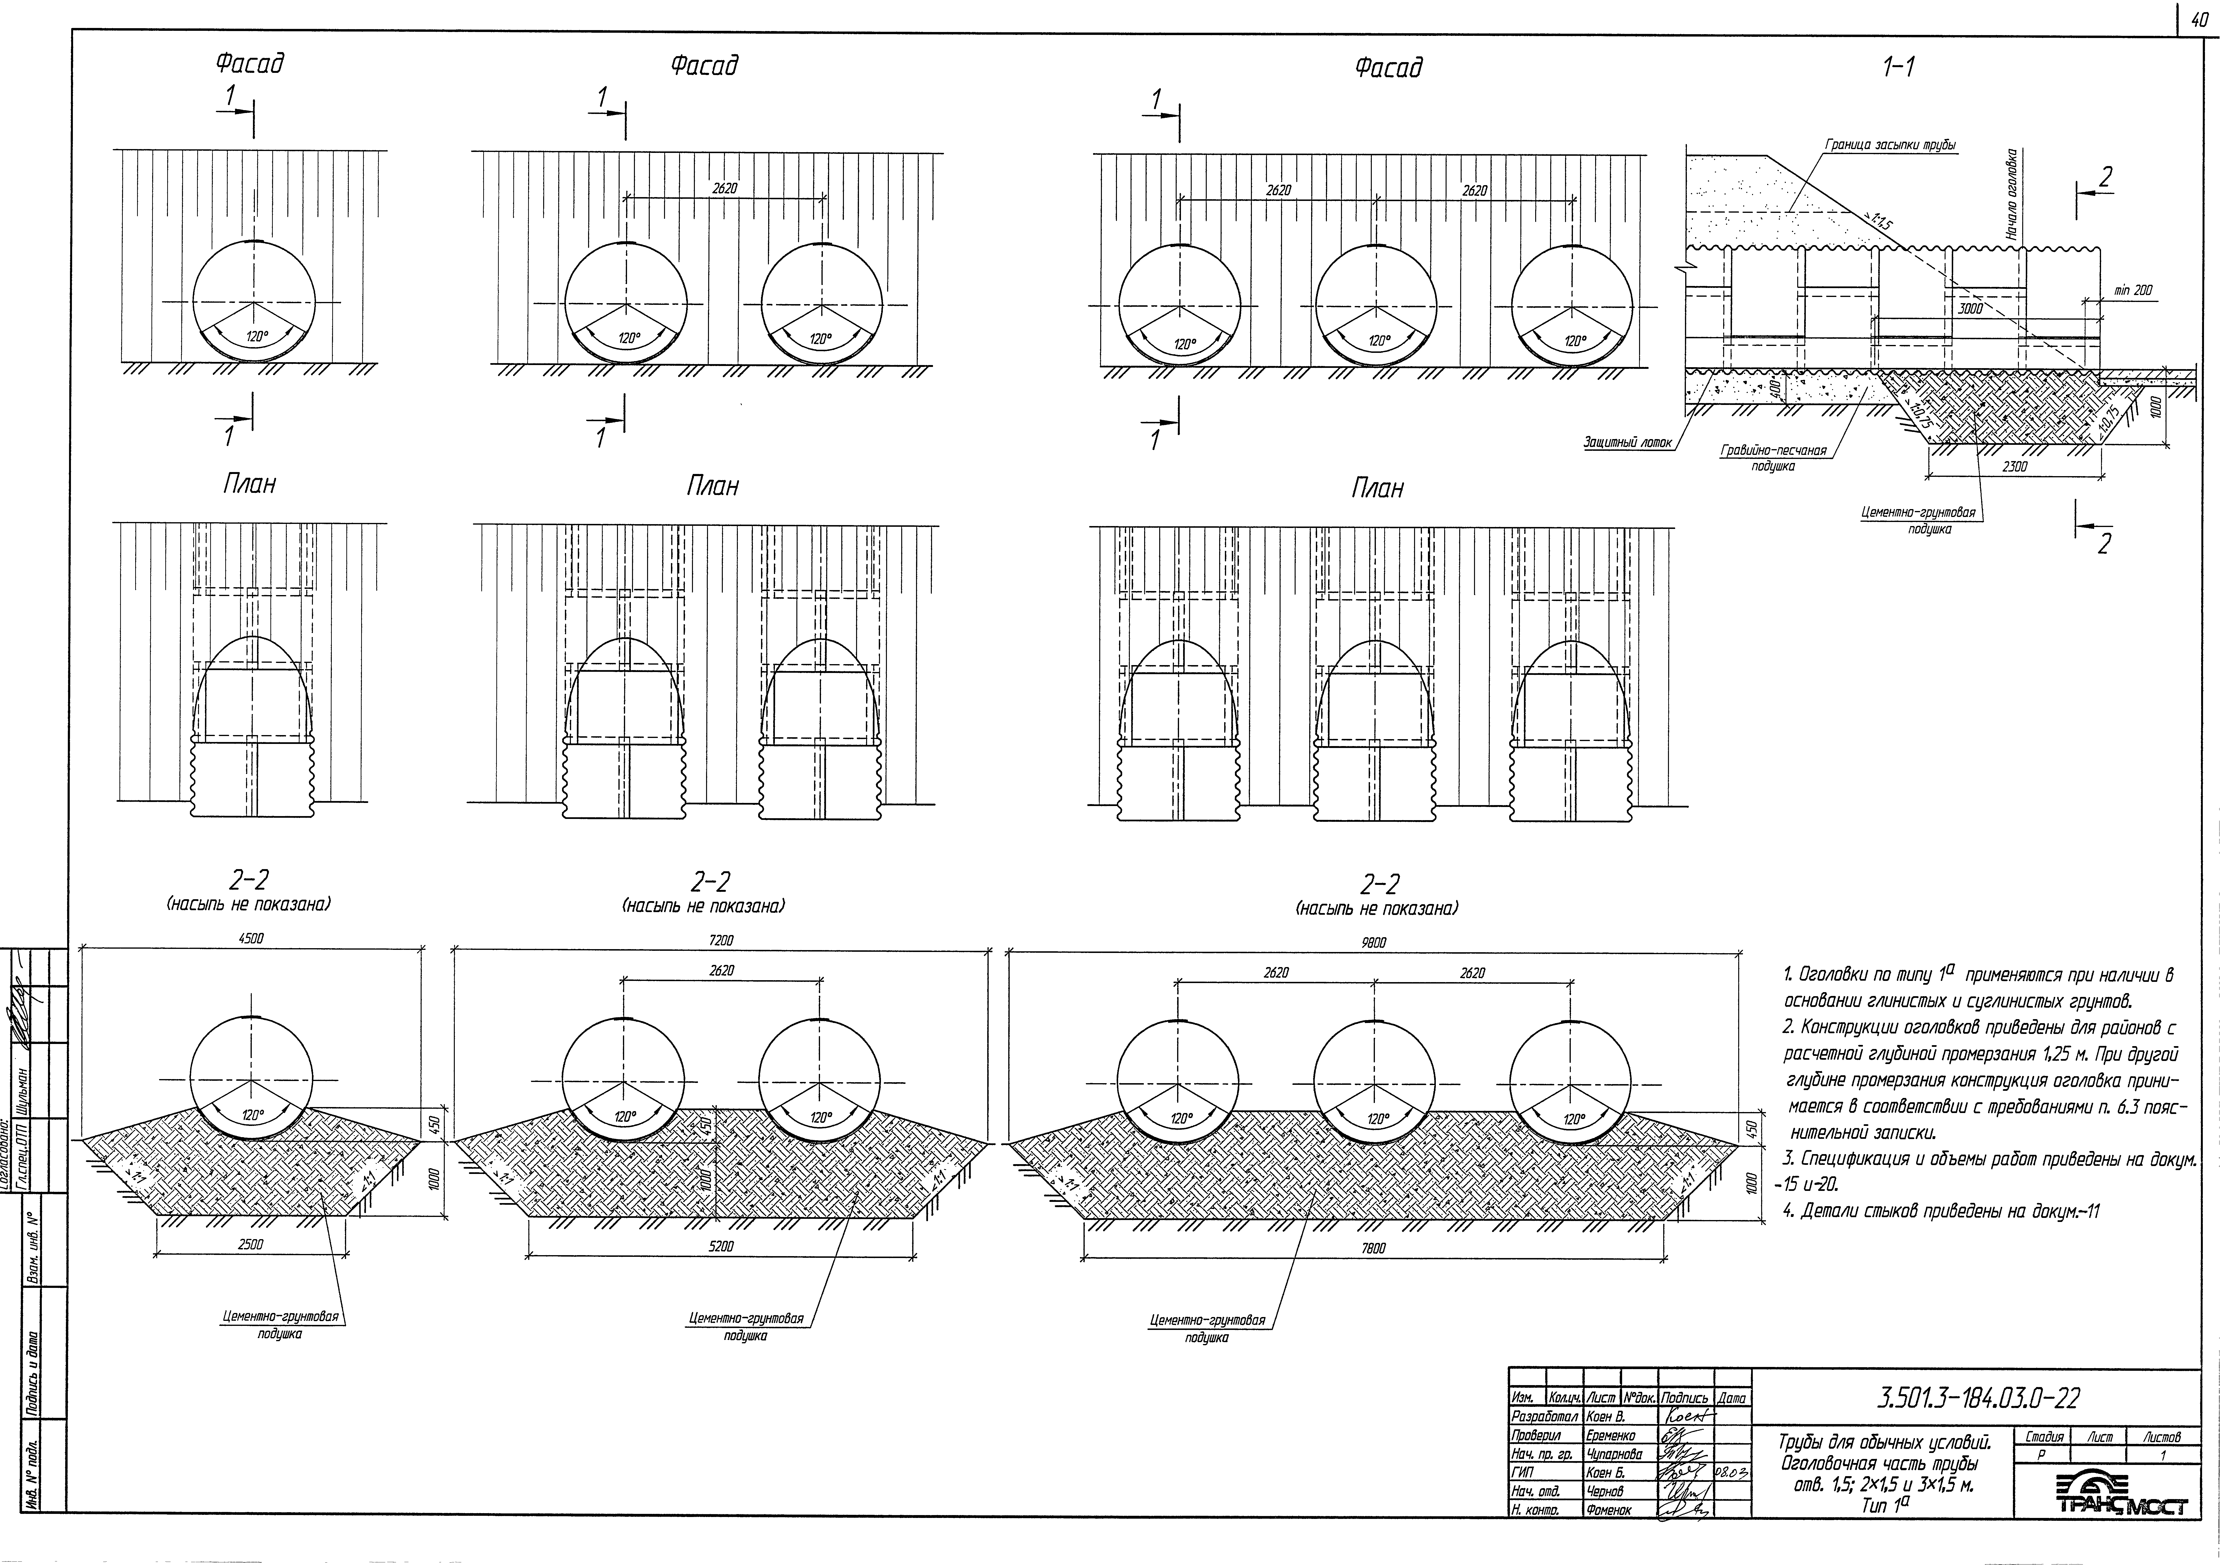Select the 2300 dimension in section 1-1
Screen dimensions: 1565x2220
click(x=2014, y=466)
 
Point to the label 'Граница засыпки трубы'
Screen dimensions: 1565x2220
click(x=1888, y=145)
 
